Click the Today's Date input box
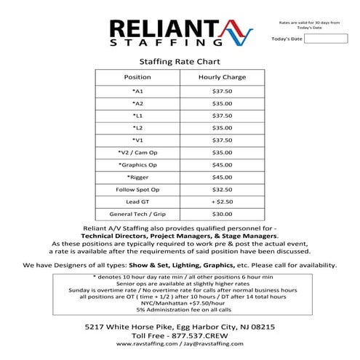coord(326,39)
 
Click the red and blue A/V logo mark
coord(237,31)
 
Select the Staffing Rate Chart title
coord(179,62)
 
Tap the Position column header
coord(137,76)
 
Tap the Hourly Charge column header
coord(222,76)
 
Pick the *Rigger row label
coord(137,177)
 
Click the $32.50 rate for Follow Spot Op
coord(222,189)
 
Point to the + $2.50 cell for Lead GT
coord(222,201)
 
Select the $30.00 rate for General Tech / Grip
coord(222,215)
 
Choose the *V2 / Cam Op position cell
coord(137,152)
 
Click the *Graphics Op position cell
coord(137,164)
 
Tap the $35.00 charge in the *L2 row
coord(222,127)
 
